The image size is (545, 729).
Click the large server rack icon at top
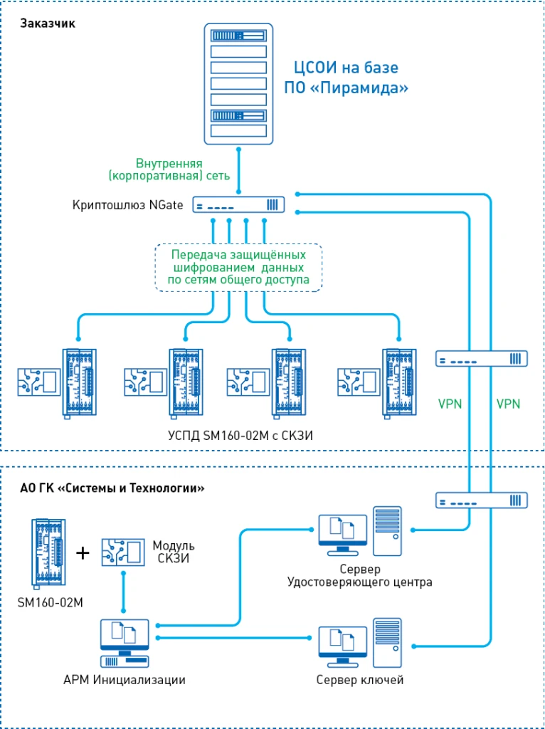tap(239, 83)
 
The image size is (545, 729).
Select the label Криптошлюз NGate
tap(128, 205)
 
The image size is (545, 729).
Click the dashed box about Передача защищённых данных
tap(238, 267)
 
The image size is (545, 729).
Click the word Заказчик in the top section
tap(48, 23)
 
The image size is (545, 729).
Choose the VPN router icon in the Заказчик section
tap(481, 358)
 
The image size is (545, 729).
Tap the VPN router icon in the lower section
tap(481, 500)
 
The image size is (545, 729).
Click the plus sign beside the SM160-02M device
tap(83, 552)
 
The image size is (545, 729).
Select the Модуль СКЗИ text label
tap(174, 552)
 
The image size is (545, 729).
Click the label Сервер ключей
tap(360, 680)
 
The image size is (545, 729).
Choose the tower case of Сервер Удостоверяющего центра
tap(387, 531)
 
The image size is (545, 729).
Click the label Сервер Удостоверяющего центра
tap(360, 576)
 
